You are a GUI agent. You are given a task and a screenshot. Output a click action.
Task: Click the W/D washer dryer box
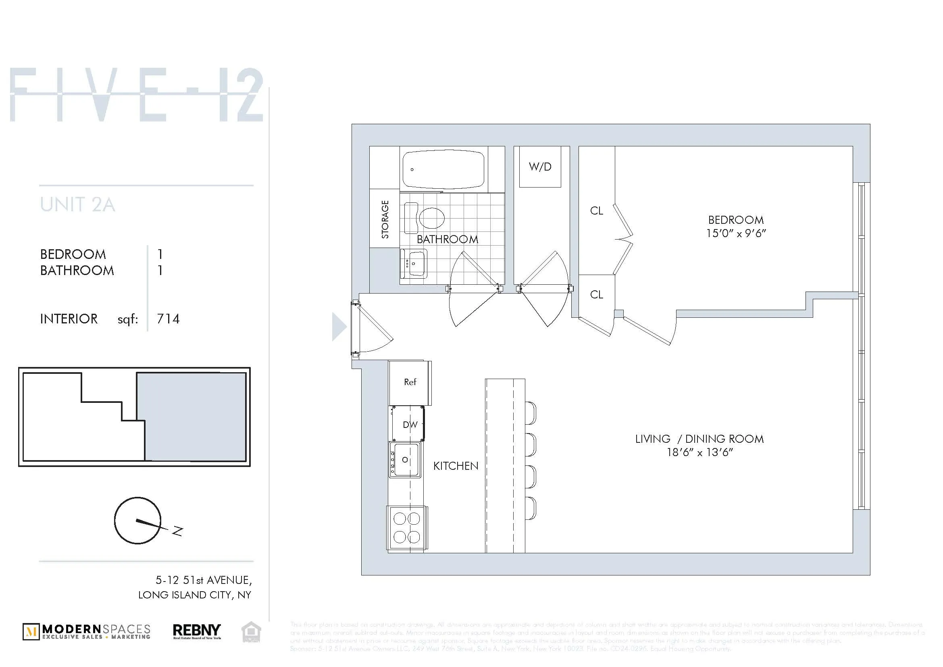pos(540,167)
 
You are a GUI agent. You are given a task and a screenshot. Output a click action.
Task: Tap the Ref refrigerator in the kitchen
pos(410,382)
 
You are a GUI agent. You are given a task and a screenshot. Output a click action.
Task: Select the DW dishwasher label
pos(410,425)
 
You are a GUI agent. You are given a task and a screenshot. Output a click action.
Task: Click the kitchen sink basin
pos(405,460)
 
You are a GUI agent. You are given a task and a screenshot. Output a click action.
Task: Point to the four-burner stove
pos(407,528)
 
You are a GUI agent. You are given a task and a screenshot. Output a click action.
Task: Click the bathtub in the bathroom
pos(443,169)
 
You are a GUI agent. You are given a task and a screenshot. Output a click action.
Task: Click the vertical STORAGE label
pos(385,219)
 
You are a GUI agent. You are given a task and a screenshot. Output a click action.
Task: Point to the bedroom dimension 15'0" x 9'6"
pos(736,233)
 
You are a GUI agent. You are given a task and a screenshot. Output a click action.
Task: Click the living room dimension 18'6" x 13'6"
pos(699,452)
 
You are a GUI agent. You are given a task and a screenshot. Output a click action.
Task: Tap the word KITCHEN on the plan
pos(456,466)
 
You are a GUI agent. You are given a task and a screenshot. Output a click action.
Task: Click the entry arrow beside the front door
pos(338,327)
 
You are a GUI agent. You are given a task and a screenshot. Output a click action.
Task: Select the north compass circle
pos(137,520)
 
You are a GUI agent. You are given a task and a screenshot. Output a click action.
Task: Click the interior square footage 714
pos(168,319)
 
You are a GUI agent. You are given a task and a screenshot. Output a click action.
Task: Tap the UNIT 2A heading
pos(78,204)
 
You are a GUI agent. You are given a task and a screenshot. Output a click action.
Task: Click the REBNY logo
pos(197,631)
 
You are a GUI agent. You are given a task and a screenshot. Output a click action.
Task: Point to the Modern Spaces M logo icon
pos(31,632)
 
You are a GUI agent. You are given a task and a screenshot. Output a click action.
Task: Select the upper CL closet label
pos(596,211)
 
